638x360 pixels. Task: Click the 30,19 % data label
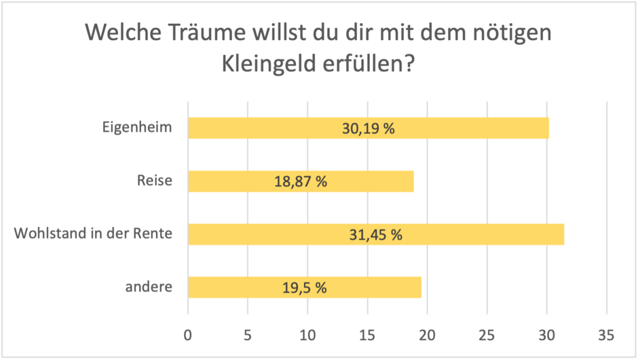(x=368, y=128)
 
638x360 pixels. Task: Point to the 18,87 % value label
(x=300, y=181)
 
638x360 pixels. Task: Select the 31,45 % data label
(x=375, y=235)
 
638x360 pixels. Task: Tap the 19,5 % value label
(x=304, y=288)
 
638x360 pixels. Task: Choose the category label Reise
(x=155, y=181)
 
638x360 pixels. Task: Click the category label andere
(x=149, y=287)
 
